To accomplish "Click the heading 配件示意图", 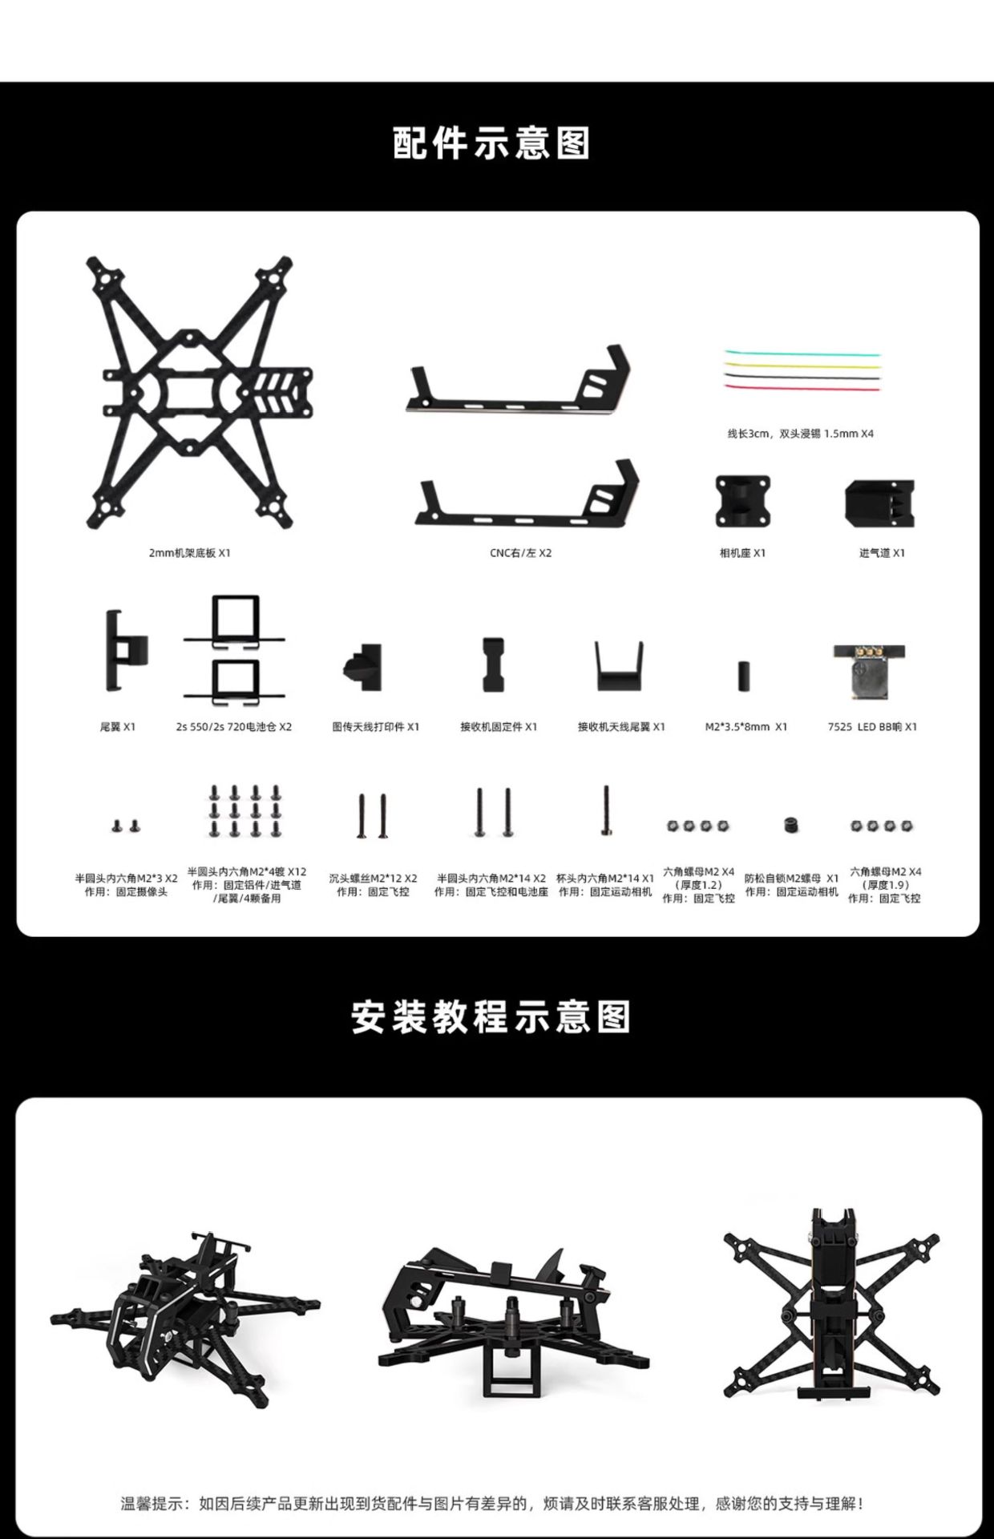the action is (x=492, y=143).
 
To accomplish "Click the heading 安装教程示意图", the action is (x=491, y=1017).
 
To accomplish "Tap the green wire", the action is (x=802, y=353).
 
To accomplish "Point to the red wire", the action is (x=802, y=387).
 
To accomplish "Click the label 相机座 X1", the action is (x=742, y=553).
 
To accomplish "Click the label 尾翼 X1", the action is (x=118, y=727).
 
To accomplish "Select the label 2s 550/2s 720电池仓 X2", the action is (x=234, y=727).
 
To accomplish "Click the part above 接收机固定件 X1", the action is (x=492, y=664).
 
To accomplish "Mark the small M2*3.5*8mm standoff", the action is (x=743, y=676).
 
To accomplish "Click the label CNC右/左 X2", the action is (x=521, y=553).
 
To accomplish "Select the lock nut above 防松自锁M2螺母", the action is (x=790, y=824).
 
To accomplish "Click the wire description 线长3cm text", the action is (x=801, y=434).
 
